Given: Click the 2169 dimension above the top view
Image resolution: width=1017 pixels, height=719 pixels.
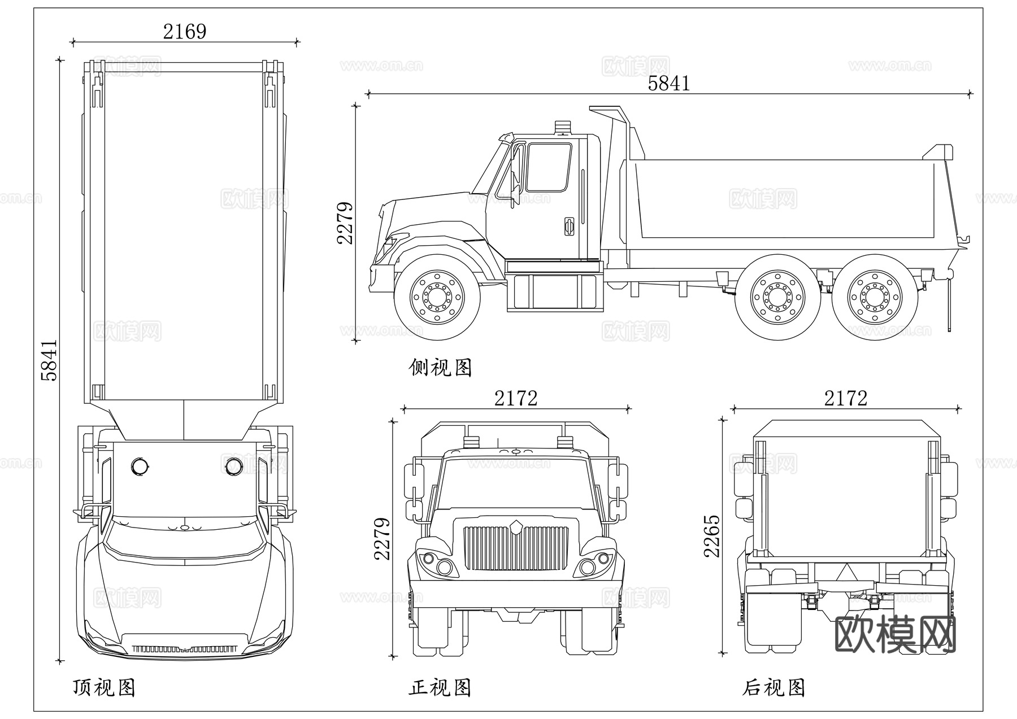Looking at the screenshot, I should click(185, 32).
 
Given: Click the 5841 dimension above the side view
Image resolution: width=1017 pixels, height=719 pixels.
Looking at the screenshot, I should click(668, 84).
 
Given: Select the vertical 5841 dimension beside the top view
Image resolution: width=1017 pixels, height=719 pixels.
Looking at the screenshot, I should click(50, 360).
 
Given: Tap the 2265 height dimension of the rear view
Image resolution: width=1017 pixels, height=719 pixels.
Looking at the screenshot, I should click(712, 535).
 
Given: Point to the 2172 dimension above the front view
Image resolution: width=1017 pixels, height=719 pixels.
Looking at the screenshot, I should click(515, 399).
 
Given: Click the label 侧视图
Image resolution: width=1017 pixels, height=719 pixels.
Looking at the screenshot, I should click(440, 368).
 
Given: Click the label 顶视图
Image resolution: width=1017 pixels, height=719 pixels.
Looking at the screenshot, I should click(104, 687).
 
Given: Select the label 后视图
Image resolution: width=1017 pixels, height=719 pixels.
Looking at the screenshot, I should click(773, 687).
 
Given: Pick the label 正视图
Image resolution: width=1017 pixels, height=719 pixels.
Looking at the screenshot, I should click(440, 687).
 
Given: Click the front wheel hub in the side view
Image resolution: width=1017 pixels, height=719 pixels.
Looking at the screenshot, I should click(437, 297).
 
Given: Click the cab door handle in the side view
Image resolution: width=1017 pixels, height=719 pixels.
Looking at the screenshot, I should click(569, 225).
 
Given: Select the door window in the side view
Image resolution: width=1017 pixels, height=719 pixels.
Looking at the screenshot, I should click(548, 167).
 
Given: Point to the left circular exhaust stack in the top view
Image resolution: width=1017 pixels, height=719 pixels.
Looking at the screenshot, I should click(140, 467).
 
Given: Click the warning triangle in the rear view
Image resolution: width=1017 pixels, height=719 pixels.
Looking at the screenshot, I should click(846, 572).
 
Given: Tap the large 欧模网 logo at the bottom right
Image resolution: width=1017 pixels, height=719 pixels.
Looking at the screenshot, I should click(895, 634).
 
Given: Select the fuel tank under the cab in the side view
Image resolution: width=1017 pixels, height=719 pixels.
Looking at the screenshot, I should click(555, 292).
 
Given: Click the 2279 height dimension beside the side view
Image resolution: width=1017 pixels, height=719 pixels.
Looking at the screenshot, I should click(345, 223).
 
